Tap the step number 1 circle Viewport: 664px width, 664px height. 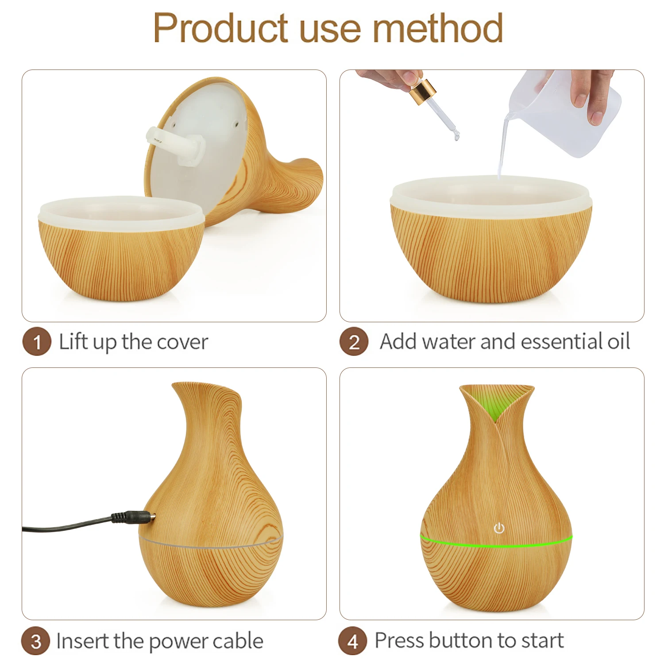pos(37,341)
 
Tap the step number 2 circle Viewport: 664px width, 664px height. pos(354,342)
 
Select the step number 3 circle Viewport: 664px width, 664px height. pos(36,641)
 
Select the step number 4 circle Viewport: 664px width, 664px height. pos(353,641)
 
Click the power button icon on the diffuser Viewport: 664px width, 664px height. pos(499,528)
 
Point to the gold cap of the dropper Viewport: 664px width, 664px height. pos(423,90)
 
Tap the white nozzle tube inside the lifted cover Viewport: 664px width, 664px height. pos(175,144)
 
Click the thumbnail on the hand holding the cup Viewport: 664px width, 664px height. pos(596,117)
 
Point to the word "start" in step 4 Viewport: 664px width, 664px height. pos(542,640)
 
